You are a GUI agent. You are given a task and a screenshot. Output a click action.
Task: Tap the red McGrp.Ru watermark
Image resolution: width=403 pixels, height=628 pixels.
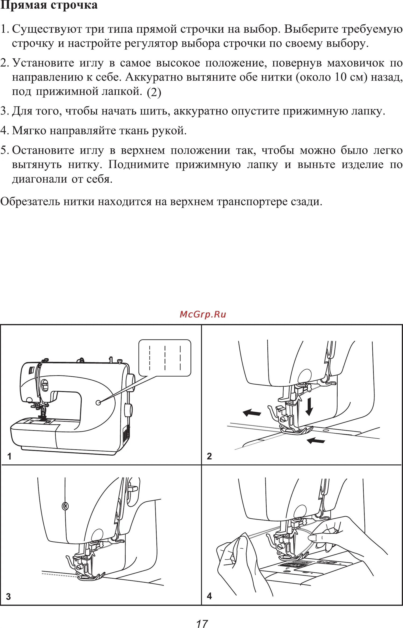point(203,314)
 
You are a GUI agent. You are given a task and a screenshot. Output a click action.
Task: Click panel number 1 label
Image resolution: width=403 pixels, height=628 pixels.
point(9,457)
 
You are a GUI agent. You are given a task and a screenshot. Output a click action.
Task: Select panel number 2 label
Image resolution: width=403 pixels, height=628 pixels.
point(209,457)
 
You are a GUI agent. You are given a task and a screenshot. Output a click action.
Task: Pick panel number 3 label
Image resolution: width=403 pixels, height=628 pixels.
point(8,597)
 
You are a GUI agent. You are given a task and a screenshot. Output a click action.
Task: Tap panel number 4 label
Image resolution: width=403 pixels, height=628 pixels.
point(209,596)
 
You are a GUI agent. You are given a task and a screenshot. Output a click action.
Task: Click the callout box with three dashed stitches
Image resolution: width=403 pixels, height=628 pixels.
point(165,358)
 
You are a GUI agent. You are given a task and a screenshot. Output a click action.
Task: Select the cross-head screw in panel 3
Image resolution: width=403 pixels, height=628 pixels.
point(65,506)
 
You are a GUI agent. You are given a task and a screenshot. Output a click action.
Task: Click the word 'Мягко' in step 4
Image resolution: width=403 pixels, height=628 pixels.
point(29,130)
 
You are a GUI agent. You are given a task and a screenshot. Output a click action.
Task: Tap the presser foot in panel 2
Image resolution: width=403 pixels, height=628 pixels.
point(297,431)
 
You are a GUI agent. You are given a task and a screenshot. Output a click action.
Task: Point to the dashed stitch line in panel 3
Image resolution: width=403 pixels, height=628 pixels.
point(59,574)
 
